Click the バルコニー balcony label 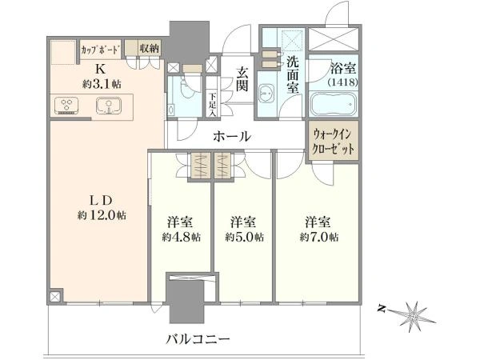[x=198, y=339]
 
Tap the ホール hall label [x=232, y=136]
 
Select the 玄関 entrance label [x=242, y=79]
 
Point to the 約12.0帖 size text [x=102, y=215]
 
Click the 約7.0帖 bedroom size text [x=319, y=237]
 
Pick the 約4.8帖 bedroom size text [x=182, y=237]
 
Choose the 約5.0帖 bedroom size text [x=244, y=237]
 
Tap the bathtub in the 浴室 [x=334, y=104]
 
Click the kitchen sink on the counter [x=109, y=106]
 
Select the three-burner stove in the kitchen [x=66, y=106]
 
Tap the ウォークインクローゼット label [x=333, y=142]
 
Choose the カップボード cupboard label [x=100, y=49]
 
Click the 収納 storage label [x=149, y=48]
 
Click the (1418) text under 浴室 [x=342, y=82]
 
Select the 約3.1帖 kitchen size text [x=102, y=83]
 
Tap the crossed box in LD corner [x=54, y=297]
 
